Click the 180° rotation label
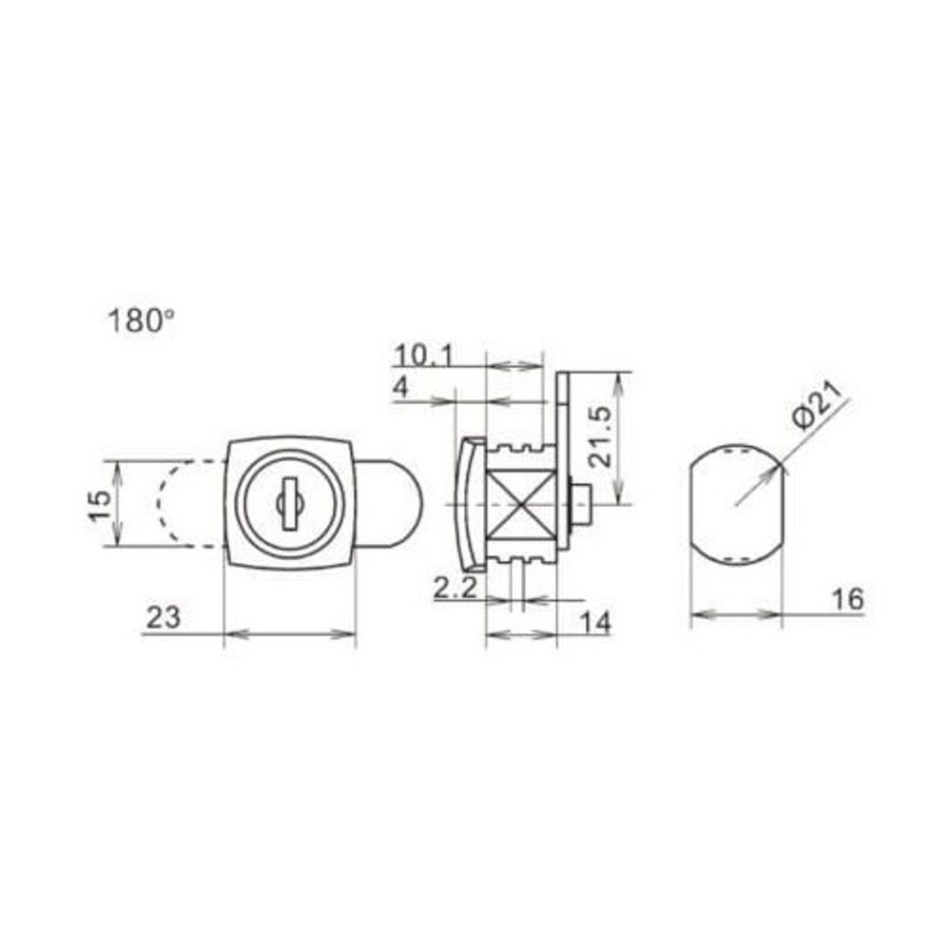pos(142,321)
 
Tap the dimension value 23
pos(163,618)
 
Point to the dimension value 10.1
pos(424,356)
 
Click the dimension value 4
pos(400,389)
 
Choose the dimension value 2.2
pos(455,589)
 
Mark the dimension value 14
pos(595,622)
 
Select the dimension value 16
pos(846,599)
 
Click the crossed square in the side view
pos(521,503)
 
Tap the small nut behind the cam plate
pos(581,503)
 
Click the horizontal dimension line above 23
pos(289,633)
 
